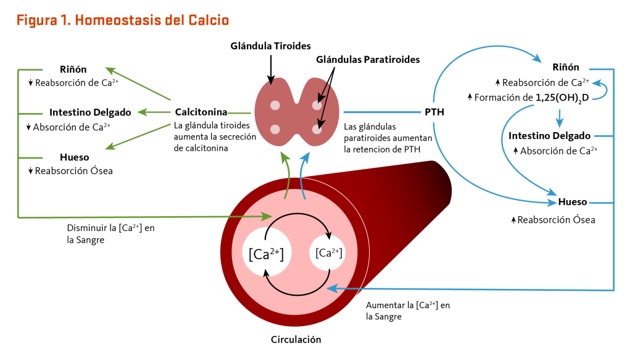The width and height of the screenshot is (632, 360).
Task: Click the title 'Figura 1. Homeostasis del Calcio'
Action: coord(123,20)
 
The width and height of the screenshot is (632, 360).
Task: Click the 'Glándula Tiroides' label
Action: coord(270,46)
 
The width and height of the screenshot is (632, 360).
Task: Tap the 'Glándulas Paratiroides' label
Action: coord(368,60)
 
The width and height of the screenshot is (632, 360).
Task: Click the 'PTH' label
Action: coord(434,113)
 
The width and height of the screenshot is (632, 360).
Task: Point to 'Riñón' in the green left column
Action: coord(73,69)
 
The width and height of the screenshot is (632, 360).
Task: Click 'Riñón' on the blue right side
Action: coord(565,67)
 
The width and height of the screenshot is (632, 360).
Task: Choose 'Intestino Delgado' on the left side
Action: coord(90,112)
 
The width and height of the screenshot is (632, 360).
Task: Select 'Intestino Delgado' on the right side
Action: coord(549,136)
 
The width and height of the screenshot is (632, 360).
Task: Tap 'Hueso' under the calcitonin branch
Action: coord(75,157)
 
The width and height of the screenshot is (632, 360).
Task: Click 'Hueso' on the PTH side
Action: coord(572,202)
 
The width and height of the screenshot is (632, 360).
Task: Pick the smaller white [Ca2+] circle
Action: coord(329,253)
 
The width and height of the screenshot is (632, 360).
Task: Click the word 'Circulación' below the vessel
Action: coord(296,339)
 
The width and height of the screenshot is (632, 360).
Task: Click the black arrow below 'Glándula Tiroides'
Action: coord(270,67)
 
